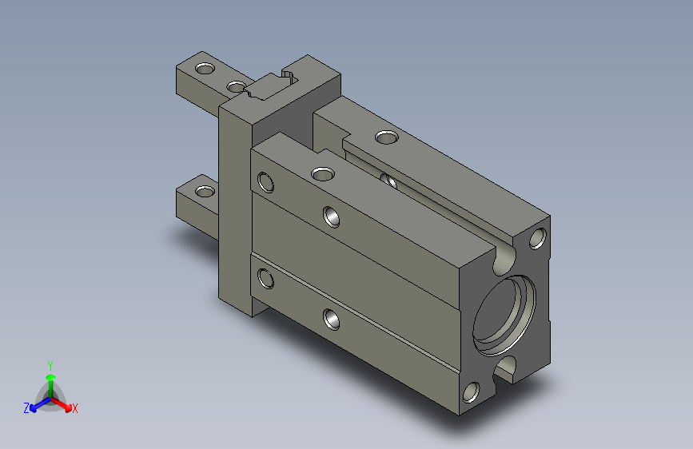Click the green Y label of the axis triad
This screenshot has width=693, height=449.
(x=50, y=365)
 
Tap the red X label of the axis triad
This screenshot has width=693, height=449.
(x=74, y=408)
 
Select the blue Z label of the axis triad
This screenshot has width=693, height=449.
(x=26, y=408)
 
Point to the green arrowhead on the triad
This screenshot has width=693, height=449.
(x=51, y=377)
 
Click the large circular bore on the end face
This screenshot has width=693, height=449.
(x=504, y=315)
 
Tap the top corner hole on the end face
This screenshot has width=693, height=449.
(x=537, y=238)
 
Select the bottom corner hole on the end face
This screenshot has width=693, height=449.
(x=471, y=392)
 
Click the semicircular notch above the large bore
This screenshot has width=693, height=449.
(x=504, y=261)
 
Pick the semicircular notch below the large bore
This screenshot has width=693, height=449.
(x=504, y=368)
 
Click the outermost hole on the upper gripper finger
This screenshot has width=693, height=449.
(x=205, y=69)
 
